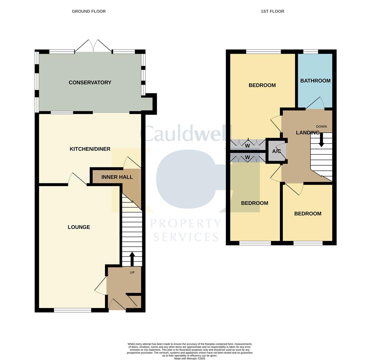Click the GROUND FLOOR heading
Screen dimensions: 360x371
pos(89,11)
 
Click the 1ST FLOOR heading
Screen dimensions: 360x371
pos(272,11)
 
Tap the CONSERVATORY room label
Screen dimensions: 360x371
pos(90,82)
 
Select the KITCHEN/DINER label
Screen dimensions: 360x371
pos(90,149)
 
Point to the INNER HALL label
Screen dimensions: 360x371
pos(117,177)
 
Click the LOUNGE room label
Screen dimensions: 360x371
pos(79,227)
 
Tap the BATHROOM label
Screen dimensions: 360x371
pos(315,81)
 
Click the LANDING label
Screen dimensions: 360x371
pos(307,133)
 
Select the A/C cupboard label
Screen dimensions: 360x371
pos(276,151)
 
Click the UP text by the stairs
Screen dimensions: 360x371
pos(132,272)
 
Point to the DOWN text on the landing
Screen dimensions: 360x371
pos(321,127)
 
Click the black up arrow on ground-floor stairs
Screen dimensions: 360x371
pos(132,259)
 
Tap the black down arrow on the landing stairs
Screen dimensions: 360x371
pos(321,140)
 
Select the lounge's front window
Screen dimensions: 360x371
pos(73,310)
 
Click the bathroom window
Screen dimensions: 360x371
pos(310,51)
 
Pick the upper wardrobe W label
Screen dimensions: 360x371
pos(247,146)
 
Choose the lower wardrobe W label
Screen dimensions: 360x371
pos(247,157)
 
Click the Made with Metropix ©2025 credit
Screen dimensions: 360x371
pos(189,358)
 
